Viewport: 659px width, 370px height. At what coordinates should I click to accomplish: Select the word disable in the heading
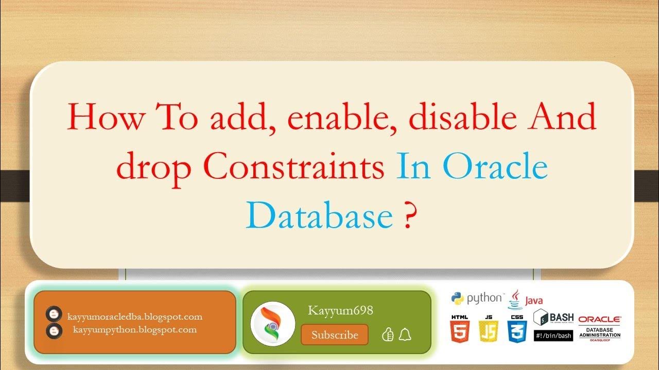(x=463, y=118)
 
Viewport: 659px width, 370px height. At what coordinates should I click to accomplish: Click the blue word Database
(x=319, y=216)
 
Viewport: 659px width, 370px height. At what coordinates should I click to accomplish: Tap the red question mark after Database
(x=407, y=216)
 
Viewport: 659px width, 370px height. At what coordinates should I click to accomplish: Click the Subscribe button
(x=335, y=335)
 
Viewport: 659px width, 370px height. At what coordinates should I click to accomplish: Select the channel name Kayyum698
(x=340, y=310)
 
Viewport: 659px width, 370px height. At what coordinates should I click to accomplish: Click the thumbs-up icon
(x=388, y=335)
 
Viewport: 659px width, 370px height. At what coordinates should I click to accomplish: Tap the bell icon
(x=405, y=335)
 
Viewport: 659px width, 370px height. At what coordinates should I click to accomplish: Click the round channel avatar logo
(x=273, y=323)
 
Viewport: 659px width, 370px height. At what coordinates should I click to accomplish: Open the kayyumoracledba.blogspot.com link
(x=135, y=317)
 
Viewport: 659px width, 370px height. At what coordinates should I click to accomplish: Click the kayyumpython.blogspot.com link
(x=135, y=329)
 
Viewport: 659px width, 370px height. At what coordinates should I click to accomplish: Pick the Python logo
(x=476, y=298)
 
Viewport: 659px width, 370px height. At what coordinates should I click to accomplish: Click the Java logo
(x=525, y=299)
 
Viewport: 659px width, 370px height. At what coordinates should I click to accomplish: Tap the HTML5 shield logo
(x=459, y=328)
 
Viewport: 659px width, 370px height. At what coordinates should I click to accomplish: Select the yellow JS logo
(x=488, y=328)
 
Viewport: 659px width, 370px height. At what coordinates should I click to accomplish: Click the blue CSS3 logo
(x=517, y=328)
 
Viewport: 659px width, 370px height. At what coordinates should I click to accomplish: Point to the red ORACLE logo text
(x=600, y=319)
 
